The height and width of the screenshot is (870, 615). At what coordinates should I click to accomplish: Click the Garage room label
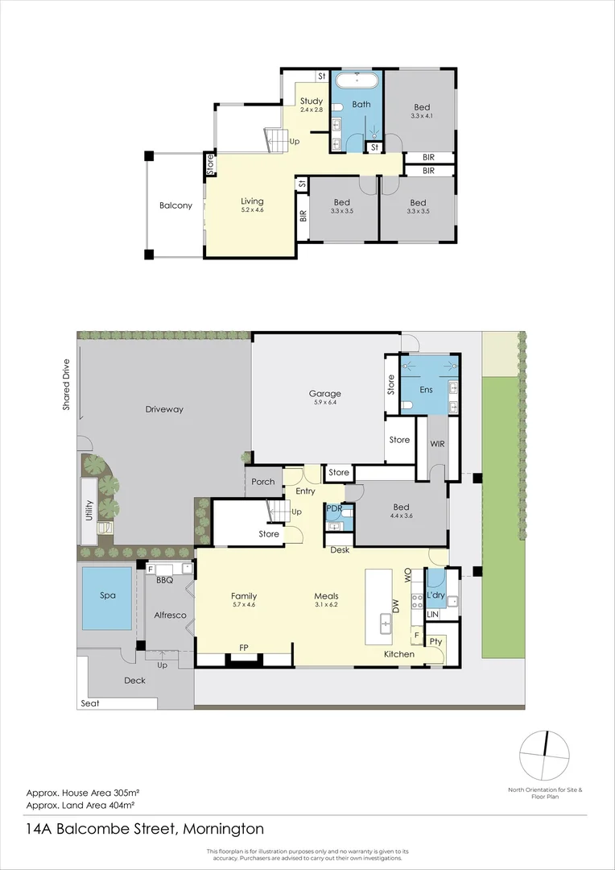(324, 394)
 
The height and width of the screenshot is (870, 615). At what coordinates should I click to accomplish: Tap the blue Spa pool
(107, 598)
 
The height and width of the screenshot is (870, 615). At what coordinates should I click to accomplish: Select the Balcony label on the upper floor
(175, 205)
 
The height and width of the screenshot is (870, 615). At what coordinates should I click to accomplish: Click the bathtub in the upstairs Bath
(357, 81)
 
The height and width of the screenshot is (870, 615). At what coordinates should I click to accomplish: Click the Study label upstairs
(312, 101)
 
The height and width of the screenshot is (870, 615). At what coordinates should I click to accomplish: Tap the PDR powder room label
(334, 510)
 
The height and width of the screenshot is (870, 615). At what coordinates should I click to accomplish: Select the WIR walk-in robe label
(438, 444)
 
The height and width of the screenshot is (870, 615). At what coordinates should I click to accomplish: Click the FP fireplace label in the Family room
(243, 647)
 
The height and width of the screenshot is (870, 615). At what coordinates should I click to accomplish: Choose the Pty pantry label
(435, 641)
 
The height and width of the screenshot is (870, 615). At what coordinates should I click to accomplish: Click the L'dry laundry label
(436, 595)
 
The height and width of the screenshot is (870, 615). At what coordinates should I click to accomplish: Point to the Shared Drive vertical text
(68, 384)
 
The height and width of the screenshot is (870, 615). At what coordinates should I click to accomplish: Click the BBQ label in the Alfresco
(165, 579)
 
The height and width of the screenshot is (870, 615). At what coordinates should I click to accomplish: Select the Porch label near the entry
(262, 482)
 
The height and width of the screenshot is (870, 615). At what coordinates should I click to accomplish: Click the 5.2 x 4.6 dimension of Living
(252, 210)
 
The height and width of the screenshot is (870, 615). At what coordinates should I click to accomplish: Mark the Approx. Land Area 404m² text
(80, 804)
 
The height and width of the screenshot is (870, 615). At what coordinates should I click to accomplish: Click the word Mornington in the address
(223, 829)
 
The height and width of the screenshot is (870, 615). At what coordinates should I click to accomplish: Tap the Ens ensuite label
(427, 390)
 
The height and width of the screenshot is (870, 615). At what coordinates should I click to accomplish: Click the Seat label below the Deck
(89, 703)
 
